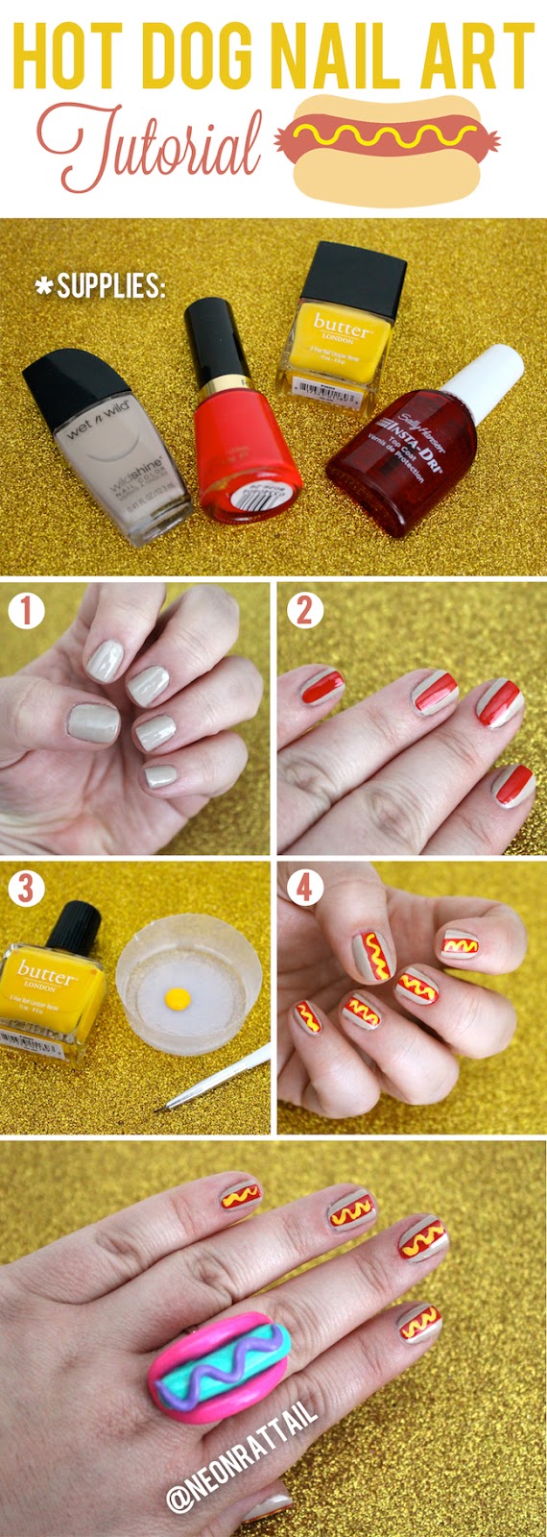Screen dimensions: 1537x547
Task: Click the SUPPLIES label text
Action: coord(100,286)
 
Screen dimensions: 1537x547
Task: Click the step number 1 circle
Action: coord(26,610)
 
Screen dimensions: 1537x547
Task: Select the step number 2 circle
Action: coord(303,610)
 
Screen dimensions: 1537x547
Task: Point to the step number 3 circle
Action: coord(26,889)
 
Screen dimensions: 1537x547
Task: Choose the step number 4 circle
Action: coord(303,889)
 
